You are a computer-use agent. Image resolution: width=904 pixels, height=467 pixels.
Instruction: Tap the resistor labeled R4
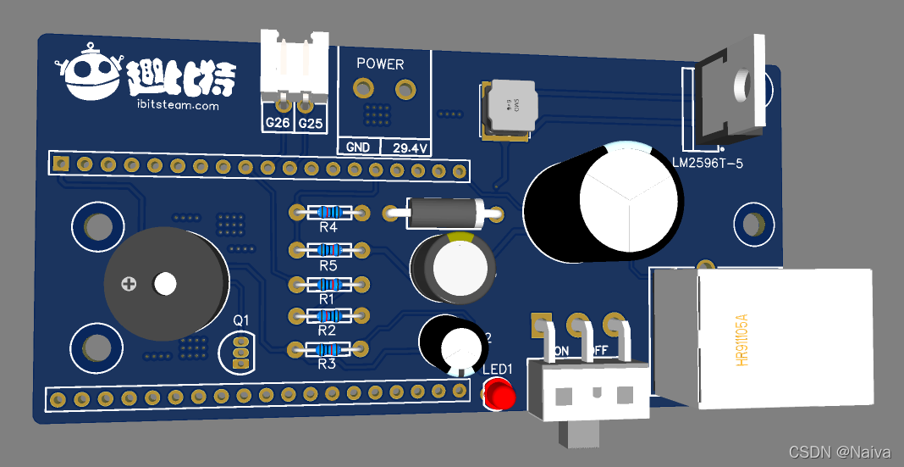(x=328, y=212)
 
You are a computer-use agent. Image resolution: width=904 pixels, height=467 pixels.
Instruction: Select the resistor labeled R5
(x=328, y=249)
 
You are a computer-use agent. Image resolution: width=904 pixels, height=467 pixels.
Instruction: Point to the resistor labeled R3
(x=328, y=348)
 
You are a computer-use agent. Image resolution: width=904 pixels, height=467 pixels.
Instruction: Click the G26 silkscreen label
(x=278, y=124)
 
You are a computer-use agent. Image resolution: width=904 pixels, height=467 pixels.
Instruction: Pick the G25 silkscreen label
(x=311, y=124)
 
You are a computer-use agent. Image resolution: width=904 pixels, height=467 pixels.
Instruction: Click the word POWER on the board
(x=380, y=64)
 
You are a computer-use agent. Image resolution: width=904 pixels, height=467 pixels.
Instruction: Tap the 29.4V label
(x=408, y=147)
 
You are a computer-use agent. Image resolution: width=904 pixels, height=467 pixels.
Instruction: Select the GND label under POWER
(x=358, y=147)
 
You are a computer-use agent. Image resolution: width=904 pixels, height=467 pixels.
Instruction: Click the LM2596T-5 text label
(x=707, y=163)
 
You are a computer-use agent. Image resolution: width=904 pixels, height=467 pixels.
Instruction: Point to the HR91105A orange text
(x=742, y=340)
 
